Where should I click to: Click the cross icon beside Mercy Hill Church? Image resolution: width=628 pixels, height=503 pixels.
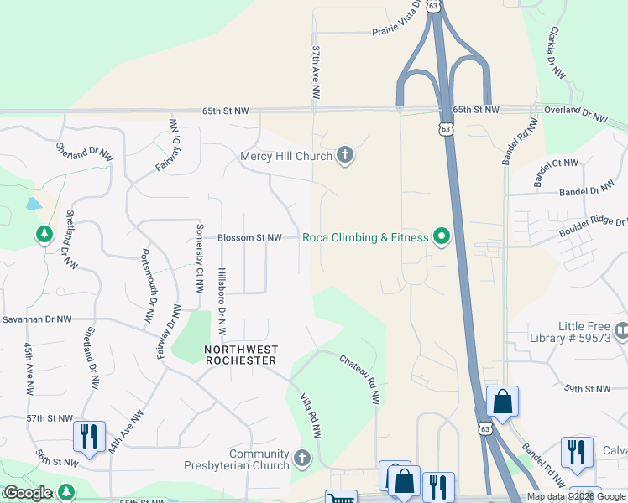pyautogui.click(x=344, y=155)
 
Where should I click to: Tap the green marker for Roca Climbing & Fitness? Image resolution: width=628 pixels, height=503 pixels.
pyautogui.click(x=440, y=237)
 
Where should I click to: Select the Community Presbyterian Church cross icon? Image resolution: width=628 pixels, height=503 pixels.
pyautogui.click(x=302, y=459)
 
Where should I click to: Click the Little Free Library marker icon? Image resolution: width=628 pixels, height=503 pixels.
pyautogui.click(x=621, y=332)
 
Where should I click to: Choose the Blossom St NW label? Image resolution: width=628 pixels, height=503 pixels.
pyautogui.click(x=249, y=238)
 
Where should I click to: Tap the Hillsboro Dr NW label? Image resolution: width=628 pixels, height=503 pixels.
pyautogui.click(x=222, y=302)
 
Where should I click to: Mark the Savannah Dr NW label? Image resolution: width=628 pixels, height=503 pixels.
pyautogui.click(x=36, y=319)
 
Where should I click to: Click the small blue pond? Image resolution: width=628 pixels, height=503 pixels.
pyautogui.click(x=33, y=204)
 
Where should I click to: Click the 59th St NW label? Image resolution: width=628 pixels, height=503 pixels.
pyautogui.click(x=589, y=389)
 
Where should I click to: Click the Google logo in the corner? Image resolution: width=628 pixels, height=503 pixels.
pyautogui.click(x=27, y=493)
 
